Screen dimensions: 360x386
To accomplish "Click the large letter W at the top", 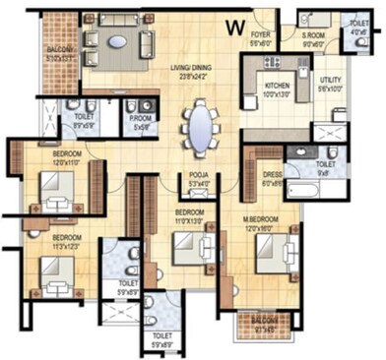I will [x=235, y=27].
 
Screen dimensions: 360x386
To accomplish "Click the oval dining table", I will [x=200, y=127].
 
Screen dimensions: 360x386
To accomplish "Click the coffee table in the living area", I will [x=117, y=41].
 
